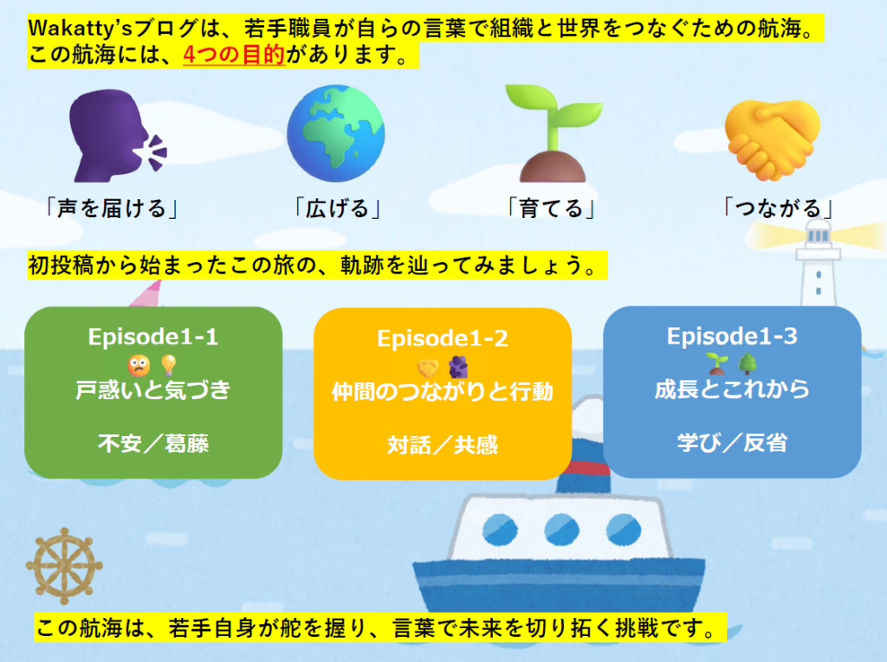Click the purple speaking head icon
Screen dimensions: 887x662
click(116, 136)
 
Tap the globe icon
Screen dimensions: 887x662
click(336, 133)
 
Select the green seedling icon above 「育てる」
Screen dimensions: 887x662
click(554, 133)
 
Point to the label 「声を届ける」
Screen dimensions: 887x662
click(112, 209)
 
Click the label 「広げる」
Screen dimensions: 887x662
click(337, 209)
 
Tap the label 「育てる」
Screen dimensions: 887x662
click(551, 209)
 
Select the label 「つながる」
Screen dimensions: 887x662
click(778, 209)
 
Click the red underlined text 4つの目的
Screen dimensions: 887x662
click(234, 55)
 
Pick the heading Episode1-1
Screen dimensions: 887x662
click(153, 337)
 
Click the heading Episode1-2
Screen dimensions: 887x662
click(443, 338)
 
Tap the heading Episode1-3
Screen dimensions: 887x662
click(732, 337)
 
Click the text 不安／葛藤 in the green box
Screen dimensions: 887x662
click(153, 444)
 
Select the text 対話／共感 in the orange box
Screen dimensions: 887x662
click(443, 446)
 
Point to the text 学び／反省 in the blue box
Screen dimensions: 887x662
click(732, 443)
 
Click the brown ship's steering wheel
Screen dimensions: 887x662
click(64, 566)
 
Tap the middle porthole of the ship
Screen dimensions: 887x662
click(561, 530)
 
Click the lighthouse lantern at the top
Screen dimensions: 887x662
click(818, 234)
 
